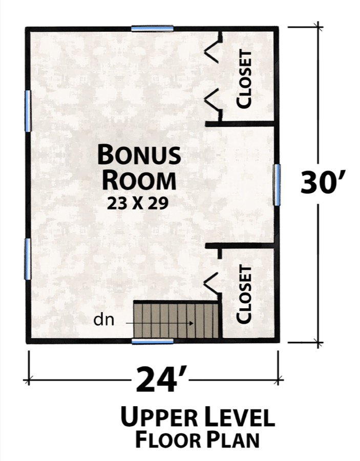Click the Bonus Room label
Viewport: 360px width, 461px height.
pyautogui.click(x=139, y=167)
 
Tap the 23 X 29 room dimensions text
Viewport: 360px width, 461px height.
pyautogui.click(x=138, y=203)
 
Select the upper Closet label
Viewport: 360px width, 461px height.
pyautogui.click(x=244, y=78)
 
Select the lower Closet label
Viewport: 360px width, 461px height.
pyautogui.click(x=245, y=294)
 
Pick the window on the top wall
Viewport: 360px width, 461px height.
pyautogui.click(x=152, y=29)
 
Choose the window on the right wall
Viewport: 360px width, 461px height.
pyautogui.click(x=277, y=184)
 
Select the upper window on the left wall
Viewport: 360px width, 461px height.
pyautogui.click(x=28, y=111)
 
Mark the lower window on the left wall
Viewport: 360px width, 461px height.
pyautogui.click(x=28, y=259)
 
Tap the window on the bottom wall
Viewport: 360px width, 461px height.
pyautogui.click(x=152, y=341)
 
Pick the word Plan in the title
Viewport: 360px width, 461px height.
pyautogui.click(x=232, y=439)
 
